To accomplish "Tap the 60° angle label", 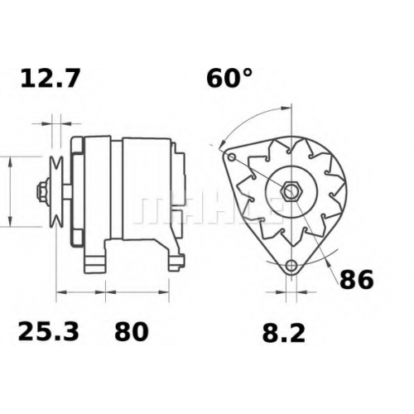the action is point(229,78).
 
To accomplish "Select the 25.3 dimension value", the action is point(48,331).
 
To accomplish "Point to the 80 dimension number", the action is point(132,331).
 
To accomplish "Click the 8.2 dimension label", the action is point(284,333).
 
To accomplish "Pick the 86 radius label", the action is point(356,280).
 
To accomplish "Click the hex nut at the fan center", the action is point(291,191).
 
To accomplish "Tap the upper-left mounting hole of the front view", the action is point(232,157).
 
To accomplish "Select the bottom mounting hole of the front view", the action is point(291,266).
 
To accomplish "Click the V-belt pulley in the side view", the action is point(56,191).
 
